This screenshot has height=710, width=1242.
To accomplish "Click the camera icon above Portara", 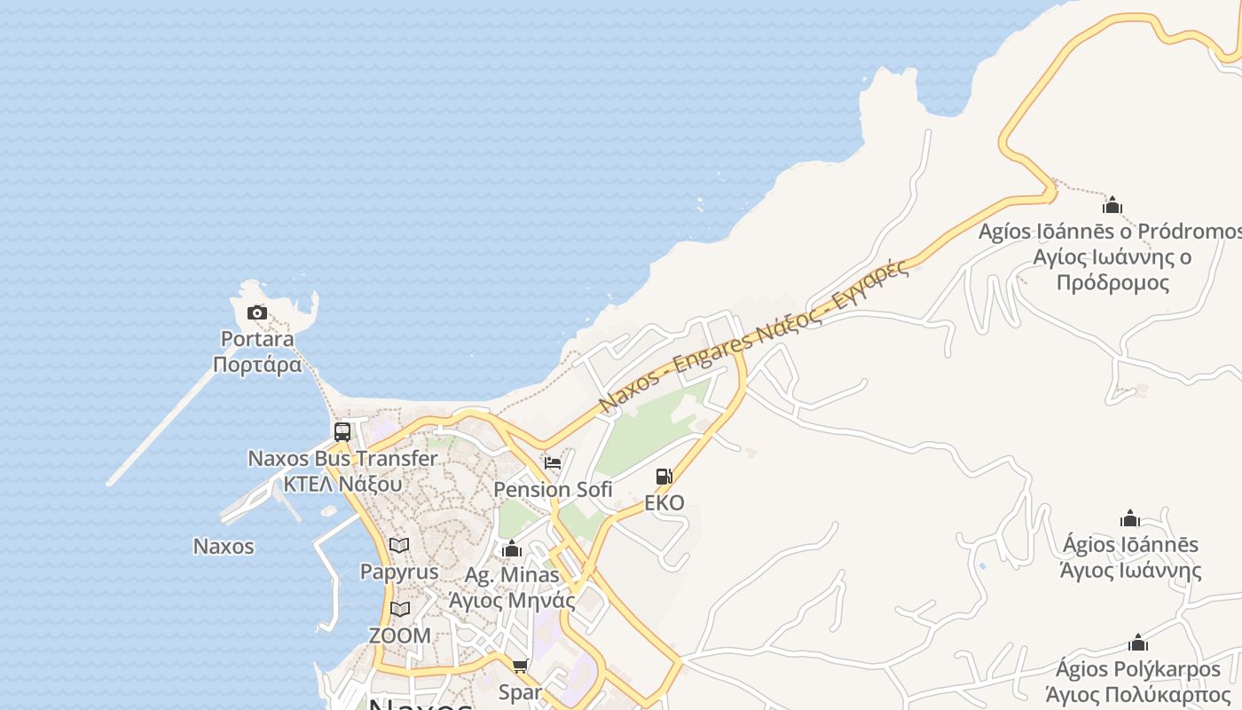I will [x=257, y=312].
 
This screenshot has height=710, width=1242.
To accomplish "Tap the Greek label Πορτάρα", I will [x=257, y=365].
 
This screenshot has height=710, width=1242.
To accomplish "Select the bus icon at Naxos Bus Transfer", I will [x=342, y=432].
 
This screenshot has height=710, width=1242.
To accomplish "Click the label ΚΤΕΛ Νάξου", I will [x=342, y=485].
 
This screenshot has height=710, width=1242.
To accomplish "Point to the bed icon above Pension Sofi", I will [x=553, y=463].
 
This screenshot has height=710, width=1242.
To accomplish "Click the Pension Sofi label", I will [x=553, y=489].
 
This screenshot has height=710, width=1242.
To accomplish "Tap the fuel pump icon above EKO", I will [x=664, y=477].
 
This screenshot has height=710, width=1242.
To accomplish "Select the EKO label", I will [x=664, y=503].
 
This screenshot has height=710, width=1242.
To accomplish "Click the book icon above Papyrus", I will [x=399, y=545].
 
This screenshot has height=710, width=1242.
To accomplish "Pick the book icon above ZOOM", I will [x=400, y=609].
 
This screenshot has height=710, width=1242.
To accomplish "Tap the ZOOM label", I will [x=400, y=635].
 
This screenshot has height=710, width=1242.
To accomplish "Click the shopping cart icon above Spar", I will [x=521, y=666].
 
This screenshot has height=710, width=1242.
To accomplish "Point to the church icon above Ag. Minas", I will [x=512, y=549].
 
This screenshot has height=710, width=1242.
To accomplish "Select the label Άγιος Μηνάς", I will [x=512, y=601].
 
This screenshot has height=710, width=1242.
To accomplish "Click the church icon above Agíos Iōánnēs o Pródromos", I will [x=1112, y=206].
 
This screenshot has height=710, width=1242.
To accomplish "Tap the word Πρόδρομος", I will [x=1113, y=283].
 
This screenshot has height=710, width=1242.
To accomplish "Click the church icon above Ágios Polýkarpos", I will [x=1138, y=643].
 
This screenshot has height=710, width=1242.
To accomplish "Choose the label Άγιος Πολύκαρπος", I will [x=1138, y=695].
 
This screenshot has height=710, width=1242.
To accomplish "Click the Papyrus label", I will [x=399, y=572].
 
